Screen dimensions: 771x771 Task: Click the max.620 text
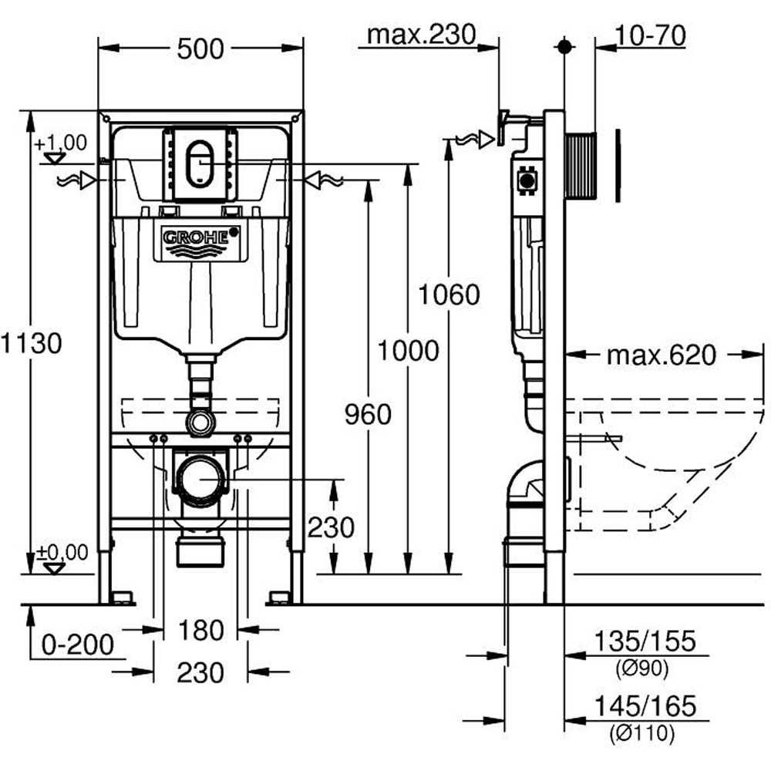pyautogui.click(x=661, y=355)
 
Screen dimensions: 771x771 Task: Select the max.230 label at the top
pyautogui.click(x=422, y=35)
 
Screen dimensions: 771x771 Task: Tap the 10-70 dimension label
pyautogui.click(x=651, y=35)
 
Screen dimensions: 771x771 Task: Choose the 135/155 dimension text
pyautogui.click(x=645, y=641)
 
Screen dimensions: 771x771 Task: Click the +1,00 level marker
pyautogui.click(x=61, y=143)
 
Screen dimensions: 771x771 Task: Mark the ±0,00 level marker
pyautogui.click(x=61, y=553)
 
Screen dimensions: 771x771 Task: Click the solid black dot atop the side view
pyautogui.click(x=564, y=45)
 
